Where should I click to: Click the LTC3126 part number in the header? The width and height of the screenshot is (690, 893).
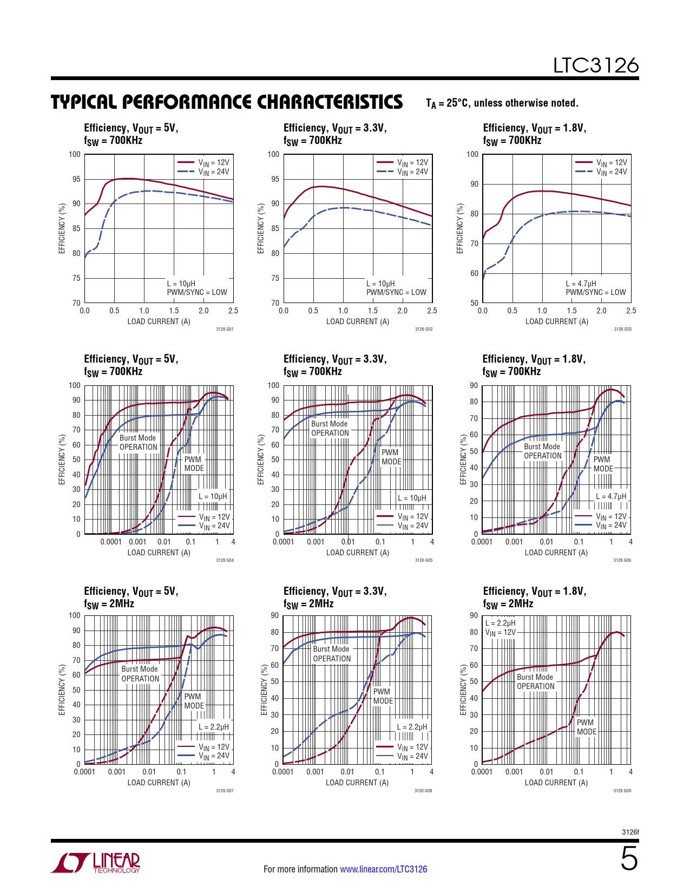pos(595,65)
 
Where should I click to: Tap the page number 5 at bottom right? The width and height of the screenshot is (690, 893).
pos(629,859)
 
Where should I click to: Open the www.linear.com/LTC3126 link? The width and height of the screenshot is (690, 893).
pos(383,869)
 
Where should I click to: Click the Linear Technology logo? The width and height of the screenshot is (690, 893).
pos(96,863)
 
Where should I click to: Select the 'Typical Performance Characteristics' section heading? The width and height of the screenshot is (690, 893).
pos(227,102)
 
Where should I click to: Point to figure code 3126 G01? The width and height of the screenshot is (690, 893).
pos(225,329)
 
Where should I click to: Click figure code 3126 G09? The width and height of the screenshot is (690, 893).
pos(622,791)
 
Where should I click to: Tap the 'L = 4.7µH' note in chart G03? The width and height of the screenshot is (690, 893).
pos(581,284)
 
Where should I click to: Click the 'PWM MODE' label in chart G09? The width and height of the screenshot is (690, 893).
pos(586,727)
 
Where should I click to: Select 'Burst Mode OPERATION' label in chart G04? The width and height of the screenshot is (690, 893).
pos(138,443)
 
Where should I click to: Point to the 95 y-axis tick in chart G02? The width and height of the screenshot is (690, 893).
pos(275,179)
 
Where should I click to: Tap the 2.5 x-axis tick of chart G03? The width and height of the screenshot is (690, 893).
pos(631,311)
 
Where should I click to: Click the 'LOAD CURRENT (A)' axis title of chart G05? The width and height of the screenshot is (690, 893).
pos(357,553)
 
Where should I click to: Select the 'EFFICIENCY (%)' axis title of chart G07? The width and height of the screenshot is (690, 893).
pos(62,690)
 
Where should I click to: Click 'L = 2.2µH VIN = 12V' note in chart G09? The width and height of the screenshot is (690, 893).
pos(500,628)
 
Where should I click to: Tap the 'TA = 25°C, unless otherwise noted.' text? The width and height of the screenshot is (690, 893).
pos(502,103)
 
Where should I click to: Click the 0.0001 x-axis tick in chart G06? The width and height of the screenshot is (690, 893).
pos(482,542)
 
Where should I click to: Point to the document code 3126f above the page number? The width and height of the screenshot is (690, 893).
pos(630,832)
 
